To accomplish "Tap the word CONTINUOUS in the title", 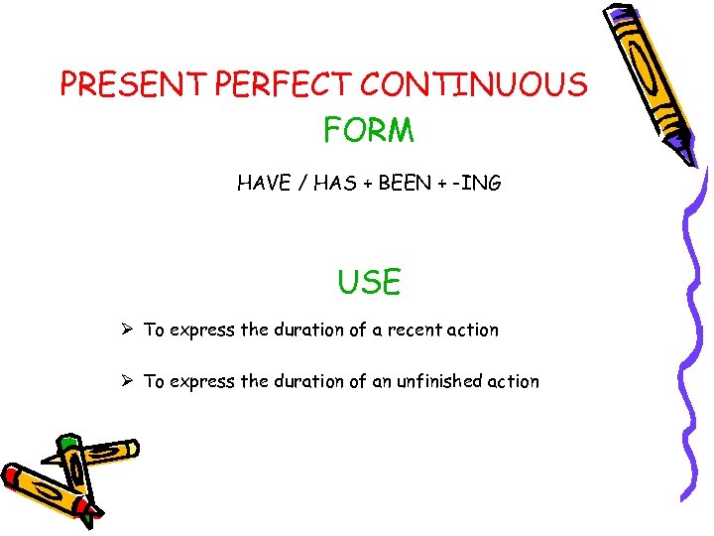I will pyautogui.click(x=473, y=85).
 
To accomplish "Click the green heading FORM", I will pyautogui.click(x=368, y=129).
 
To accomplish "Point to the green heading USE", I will pyautogui.click(x=369, y=283).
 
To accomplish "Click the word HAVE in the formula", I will pyautogui.click(x=263, y=183).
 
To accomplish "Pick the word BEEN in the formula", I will pyautogui.click(x=410, y=183).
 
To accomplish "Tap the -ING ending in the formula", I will pyautogui.click(x=480, y=183).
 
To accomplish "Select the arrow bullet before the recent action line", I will pyautogui.click(x=129, y=330).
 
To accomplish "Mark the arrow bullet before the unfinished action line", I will pyautogui.click(x=129, y=381).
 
